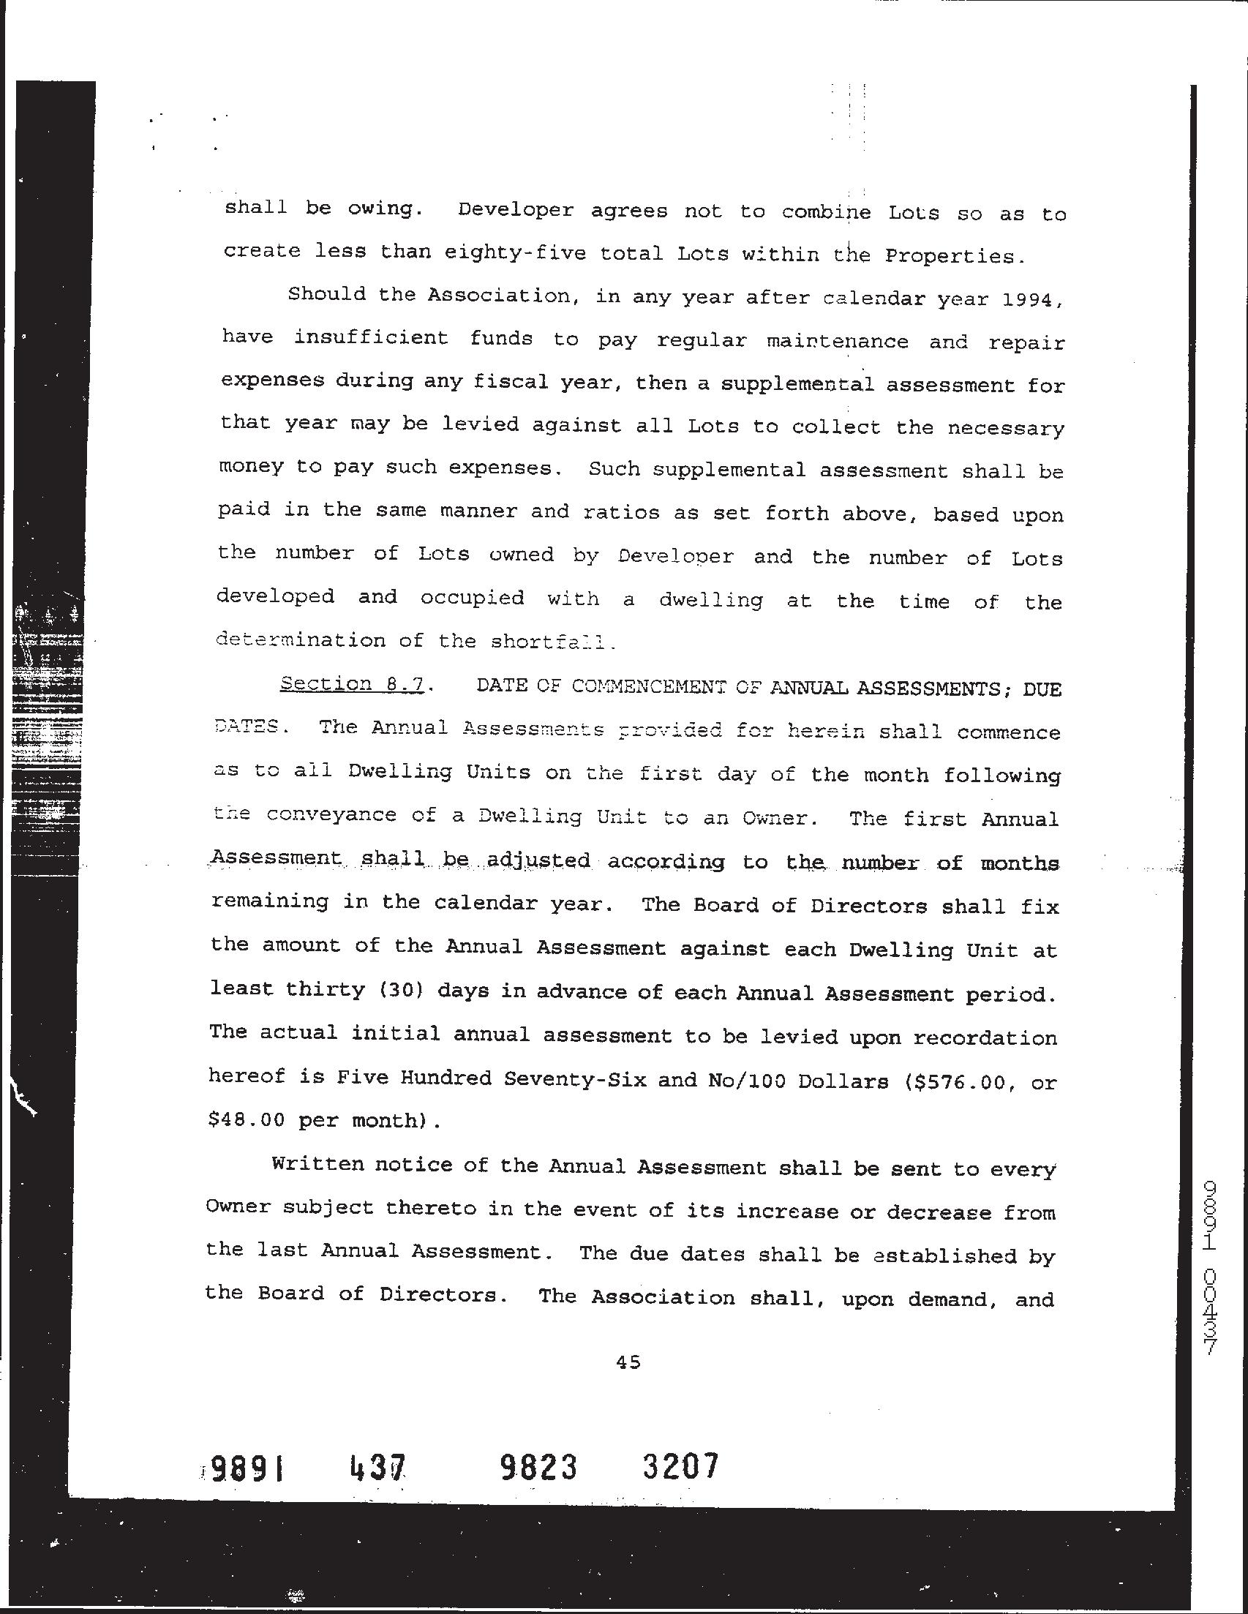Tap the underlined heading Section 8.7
pyautogui.click(x=352, y=684)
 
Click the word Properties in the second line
pyautogui.click(x=953, y=256)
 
